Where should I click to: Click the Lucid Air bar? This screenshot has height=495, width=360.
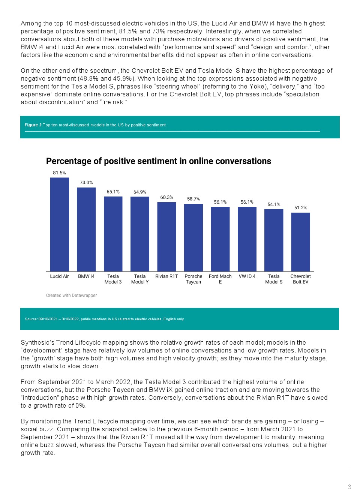point(59,224)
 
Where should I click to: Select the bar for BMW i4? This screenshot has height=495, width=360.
point(86,229)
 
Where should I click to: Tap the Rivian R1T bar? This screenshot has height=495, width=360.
point(166,237)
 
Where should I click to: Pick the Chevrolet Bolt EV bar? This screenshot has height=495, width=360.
point(300,242)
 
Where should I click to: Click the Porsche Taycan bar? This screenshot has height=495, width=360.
point(193,237)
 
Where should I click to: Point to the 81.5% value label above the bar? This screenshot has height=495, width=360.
point(59,173)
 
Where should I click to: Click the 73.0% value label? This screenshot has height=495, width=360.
point(86,183)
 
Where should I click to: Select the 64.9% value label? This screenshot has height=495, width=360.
point(140,192)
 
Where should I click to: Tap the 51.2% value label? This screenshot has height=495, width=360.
point(300,208)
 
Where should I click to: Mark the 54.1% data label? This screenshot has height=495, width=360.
point(274,204)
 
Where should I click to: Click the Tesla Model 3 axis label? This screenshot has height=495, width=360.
point(113,279)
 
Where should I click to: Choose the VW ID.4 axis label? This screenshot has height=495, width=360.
point(247,276)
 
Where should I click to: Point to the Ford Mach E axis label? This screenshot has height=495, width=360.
point(220,279)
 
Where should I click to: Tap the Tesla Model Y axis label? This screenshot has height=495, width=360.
point(140,279)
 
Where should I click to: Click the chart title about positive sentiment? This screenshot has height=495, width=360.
point(159,161)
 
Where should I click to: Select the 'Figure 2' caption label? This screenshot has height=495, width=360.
point(33,125)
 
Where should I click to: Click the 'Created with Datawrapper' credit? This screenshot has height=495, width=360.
point(71,295)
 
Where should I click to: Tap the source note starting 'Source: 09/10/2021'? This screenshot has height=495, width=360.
point(104,319)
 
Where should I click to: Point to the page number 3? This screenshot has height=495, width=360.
point(349,487)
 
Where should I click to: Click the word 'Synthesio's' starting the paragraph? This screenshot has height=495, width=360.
point(37,342)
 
